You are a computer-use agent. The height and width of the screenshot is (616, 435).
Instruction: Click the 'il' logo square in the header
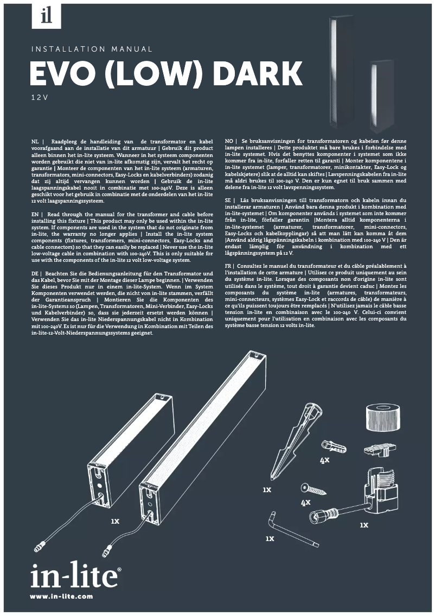coord(47,15)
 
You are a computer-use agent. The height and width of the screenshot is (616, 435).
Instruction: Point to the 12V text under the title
coord(40,98)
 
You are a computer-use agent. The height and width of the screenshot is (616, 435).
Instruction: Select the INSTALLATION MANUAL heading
coord(92,49)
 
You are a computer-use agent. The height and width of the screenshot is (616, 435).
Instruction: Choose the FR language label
coord(230,266)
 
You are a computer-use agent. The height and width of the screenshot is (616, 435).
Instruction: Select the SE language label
coord(230,200)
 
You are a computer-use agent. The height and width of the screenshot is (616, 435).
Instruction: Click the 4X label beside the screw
coord(305,503)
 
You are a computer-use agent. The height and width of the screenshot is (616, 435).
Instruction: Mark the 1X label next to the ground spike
coord(266,490)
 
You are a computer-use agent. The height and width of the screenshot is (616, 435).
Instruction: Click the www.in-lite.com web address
coord(61,596)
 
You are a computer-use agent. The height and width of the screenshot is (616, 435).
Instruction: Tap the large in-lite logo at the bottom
coord(75,576)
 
